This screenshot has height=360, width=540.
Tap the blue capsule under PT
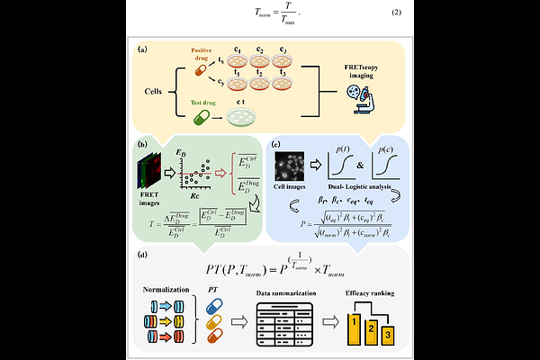[x=214, y=302]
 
